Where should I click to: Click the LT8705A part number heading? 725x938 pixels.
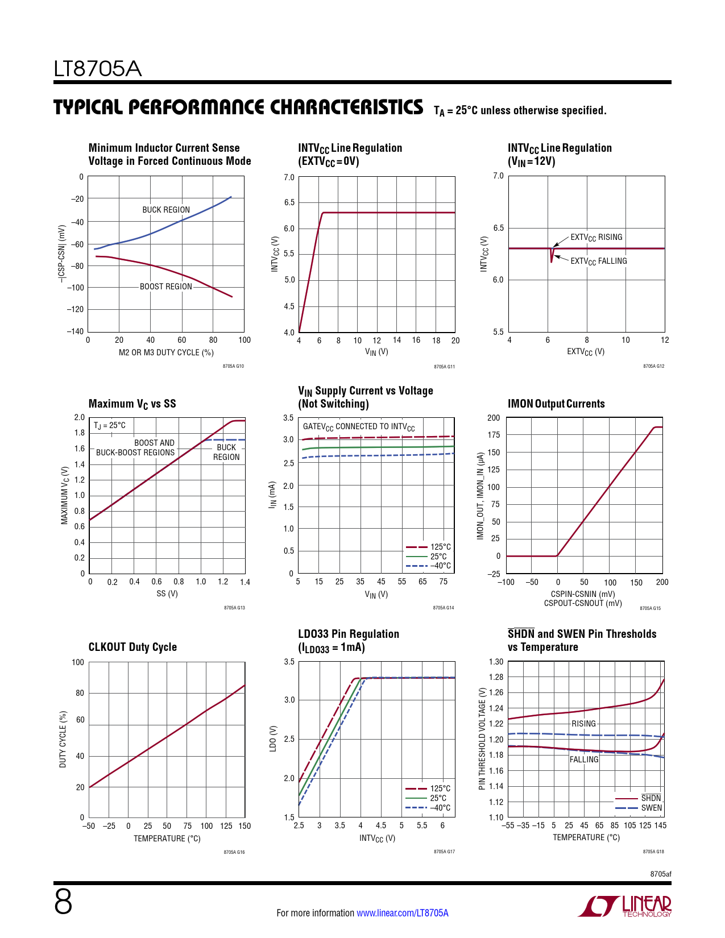(97, 69)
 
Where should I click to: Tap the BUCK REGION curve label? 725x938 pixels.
(166, 210)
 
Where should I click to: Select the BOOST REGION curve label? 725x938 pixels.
(166, 287)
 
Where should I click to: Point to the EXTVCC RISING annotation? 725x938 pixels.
(596, 238)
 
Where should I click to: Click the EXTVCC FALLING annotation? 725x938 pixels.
(599, 262)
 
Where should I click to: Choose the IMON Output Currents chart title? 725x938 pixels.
(556, 404)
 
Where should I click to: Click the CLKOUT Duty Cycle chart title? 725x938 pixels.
(132, 647)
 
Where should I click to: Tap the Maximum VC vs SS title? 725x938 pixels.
(132, 404)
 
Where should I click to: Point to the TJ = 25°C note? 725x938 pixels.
(110, 425)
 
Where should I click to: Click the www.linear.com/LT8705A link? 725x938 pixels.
(402, 913)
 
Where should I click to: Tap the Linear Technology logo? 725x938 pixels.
(625, 906)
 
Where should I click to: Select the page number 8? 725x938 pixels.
(63, 903)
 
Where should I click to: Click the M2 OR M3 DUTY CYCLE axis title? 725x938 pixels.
(166, 352)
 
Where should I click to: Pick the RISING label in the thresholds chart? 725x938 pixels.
(583, 724)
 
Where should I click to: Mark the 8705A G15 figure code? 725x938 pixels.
(650, 608)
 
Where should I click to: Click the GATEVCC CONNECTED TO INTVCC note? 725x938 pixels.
(359, 427)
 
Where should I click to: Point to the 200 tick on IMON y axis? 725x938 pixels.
(494, 418)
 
